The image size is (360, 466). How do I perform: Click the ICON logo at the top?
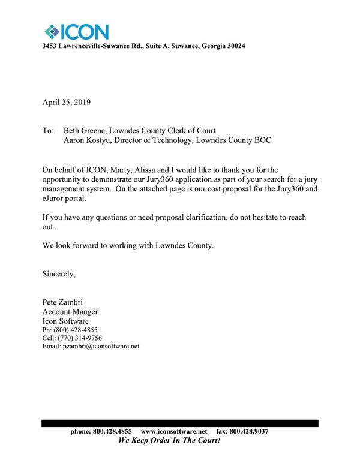(76, 31)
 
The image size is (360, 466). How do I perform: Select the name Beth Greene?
(85, 131)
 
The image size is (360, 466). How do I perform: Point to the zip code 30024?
(233, 46)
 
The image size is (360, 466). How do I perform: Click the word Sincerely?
(59, 274)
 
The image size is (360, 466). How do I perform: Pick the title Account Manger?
(70, 312)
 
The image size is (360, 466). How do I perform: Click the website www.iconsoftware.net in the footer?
(173, 432)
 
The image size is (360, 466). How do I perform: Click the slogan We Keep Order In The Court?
(169, 440)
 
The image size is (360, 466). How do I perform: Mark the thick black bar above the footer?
(180, 423)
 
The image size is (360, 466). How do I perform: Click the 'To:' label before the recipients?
(48, 131)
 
